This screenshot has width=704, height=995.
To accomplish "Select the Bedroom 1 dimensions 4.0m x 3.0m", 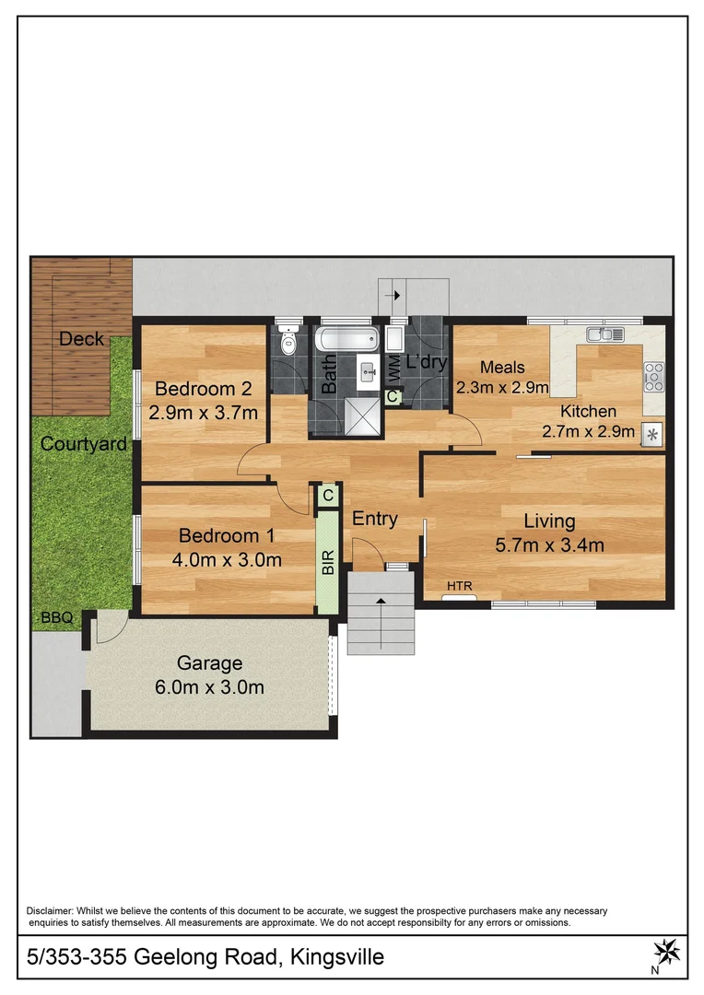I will point(227,559).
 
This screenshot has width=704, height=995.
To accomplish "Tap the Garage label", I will point(209,662).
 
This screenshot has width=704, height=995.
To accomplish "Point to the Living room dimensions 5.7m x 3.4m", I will point(549,544).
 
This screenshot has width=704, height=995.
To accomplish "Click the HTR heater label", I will point(458,585).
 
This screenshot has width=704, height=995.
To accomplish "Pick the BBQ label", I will point(55,618).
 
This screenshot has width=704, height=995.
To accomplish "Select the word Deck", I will point(81,339).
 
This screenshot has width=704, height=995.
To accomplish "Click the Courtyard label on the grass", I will point(83,444).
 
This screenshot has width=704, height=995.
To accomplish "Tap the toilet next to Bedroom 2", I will point(288,344).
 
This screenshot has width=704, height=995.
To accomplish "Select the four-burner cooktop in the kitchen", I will point(653,375).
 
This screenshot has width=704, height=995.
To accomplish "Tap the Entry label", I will point(375,519).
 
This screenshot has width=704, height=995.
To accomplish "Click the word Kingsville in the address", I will point(334,957).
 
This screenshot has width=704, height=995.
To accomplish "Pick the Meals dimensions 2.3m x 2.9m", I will point(502,387).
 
